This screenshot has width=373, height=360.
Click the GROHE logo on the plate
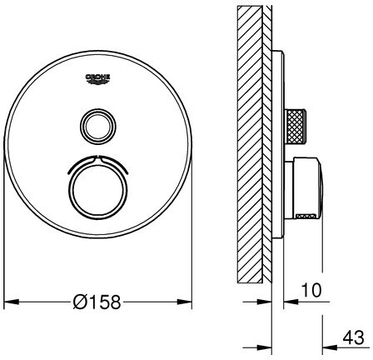point(97,78)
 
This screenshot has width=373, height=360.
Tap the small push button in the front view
point(97,127)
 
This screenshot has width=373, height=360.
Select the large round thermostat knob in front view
point(97,191)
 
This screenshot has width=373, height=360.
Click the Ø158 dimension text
point(97,302)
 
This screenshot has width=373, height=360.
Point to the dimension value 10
point(311,290)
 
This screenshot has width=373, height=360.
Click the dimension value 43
point(353,337)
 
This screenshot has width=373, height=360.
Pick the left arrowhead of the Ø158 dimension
point(11,302)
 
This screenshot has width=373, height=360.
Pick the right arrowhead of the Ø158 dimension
point(184,302)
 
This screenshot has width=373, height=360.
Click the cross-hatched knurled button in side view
point(296,127)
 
